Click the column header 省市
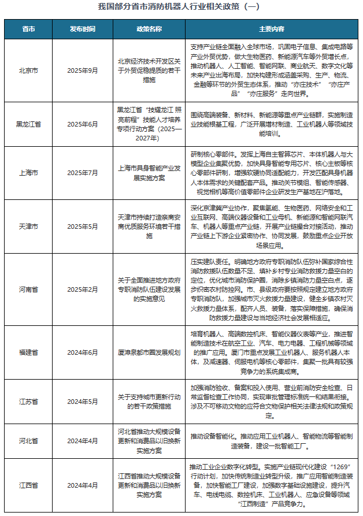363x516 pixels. [x=28, y=29]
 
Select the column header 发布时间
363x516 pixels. [x=83, y=29]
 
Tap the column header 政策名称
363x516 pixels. [x=149, y=29]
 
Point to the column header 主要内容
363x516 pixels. [x=271, y=29]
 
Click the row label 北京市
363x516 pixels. [x=28, y=70]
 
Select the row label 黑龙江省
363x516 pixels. [x=28, y=124]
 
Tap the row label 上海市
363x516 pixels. [x=28, y=173]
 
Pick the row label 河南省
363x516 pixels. [x=28, y=289]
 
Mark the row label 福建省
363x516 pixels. [x=28, y=351]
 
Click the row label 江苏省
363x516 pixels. [x=28, y=401]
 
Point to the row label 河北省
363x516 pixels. [x=28, y=440]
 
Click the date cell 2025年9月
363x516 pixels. [x=83, y=70]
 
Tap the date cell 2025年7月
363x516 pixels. [x=83, y=173]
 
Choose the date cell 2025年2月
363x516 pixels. [x=83, y=289]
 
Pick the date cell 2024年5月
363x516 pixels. [x=83, y=401]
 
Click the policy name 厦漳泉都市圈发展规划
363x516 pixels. [x=149, y=351]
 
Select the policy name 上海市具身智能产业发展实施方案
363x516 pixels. [x=149, y=173]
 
